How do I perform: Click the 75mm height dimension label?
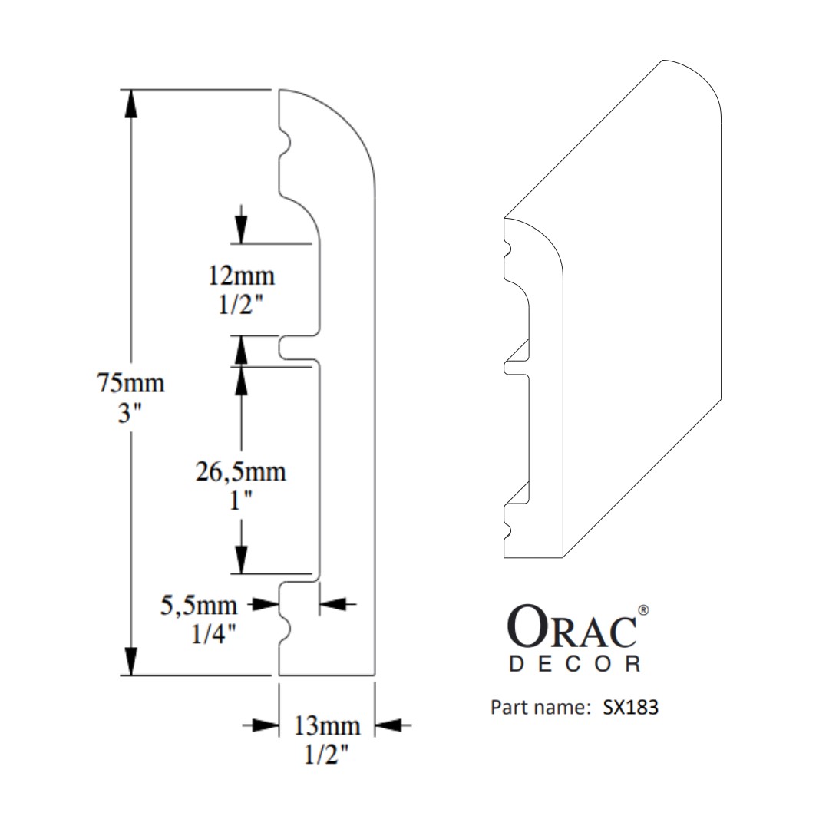(x=130, y=381)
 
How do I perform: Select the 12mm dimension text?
(x=241, y=275)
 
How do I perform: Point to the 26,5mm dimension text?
(x=241, y=471)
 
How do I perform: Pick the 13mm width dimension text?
(x=325, y=724)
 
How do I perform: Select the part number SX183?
(x=630, y=707)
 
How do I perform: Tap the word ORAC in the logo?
(x=573, y=629)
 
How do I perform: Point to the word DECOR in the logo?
(x=575, y=664)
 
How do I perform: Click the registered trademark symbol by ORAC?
(x=644, y=611)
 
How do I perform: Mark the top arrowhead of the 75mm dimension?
(x=131, y=104)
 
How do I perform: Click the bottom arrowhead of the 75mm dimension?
(x=131, y=662)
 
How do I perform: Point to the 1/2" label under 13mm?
(x=325, y=755)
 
